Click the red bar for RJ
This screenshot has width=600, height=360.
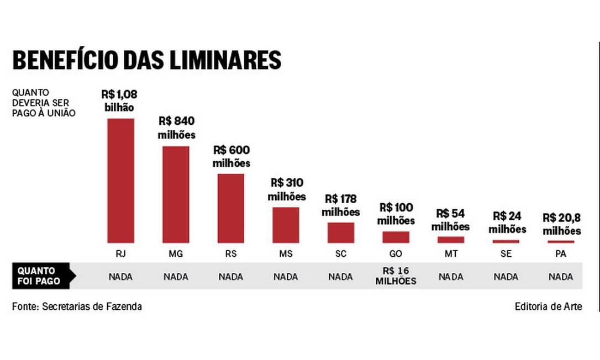(120, 181)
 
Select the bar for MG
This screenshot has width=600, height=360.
(176, 194)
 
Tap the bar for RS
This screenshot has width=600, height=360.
(231, 208)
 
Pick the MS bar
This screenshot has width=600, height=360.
(286, 225)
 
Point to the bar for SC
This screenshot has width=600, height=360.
(340, 232)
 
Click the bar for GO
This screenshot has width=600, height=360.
(396, 237)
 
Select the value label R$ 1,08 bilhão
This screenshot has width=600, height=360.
(119, 100)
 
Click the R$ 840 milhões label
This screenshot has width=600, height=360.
(177, 128)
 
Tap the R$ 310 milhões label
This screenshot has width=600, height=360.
(287, 189)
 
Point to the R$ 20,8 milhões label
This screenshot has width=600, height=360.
(561, 224)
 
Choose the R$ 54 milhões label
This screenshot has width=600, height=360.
(450, 220)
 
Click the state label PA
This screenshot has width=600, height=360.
(561, 254)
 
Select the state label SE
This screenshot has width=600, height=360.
(506, 254)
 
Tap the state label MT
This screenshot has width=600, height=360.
(450, 254)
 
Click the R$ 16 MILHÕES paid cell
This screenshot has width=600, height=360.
(396, 276)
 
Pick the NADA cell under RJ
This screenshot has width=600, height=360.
(120, 277)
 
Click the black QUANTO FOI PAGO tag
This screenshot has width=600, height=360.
(40, 276)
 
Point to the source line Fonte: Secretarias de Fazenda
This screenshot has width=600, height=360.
(77, 306)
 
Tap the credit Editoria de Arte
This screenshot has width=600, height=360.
(548, 306)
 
